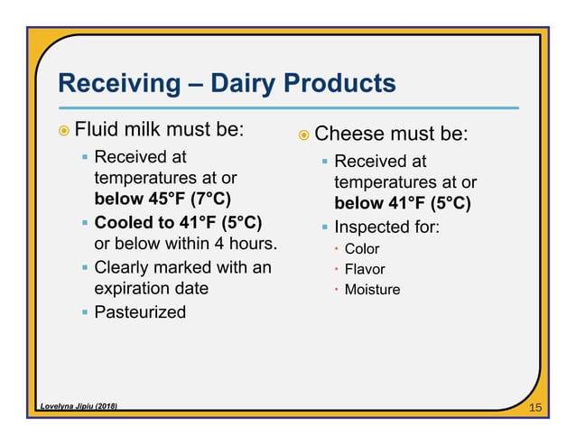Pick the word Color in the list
(362, 249)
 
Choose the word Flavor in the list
(364, 269)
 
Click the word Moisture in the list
(372, 290)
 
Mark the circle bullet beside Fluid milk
(62, 129)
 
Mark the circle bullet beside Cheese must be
(304, 136)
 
